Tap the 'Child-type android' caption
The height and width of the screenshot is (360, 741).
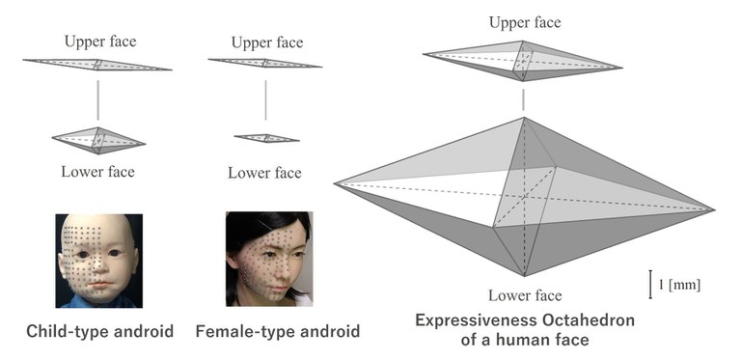pos(101,332)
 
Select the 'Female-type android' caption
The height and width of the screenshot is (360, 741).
pos(278,332)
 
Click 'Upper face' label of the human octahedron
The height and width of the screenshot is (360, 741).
pos(524,22)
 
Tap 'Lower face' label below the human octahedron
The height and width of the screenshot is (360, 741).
pos(524,294)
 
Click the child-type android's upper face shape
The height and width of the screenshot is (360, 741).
pos(96,65)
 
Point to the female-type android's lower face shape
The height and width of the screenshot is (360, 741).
pos(265,138)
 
